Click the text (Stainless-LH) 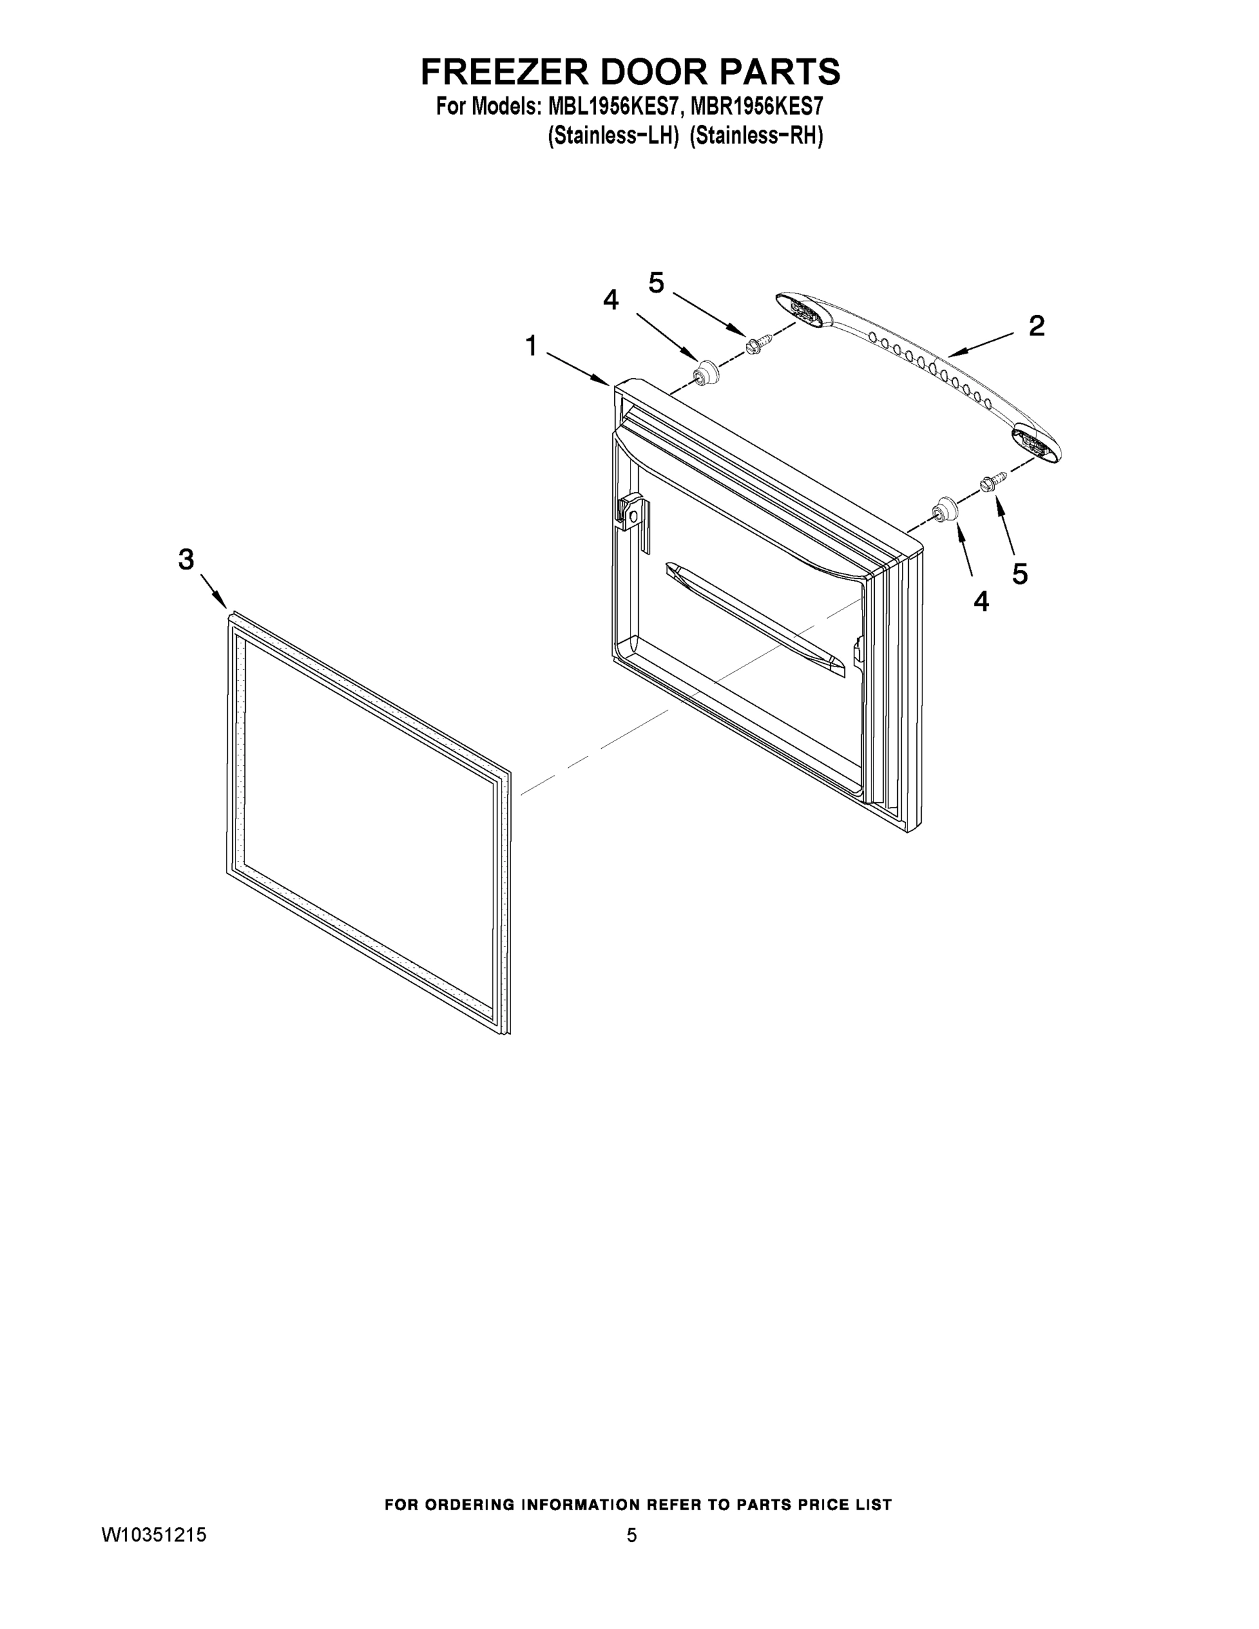(612, 136)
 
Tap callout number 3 (186, 559)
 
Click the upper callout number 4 (611, 300)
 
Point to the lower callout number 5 (1019, 573)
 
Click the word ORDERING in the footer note (470, 1505)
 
